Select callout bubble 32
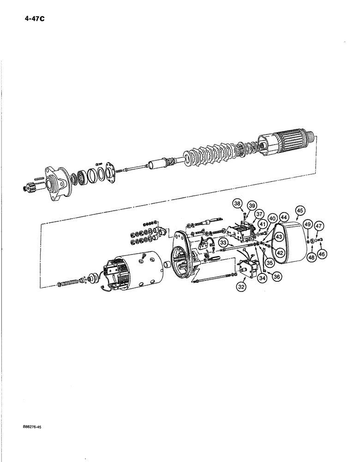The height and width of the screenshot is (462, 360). [x=241, y=286]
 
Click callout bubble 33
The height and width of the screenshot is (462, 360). [x=223, y=242]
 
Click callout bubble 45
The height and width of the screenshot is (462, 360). [x=300, y=211]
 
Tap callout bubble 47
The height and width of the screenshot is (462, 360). [x=318, y=226]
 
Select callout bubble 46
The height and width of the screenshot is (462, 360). [x=321, y=253]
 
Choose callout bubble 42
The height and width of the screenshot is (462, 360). [x=279, y=252]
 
